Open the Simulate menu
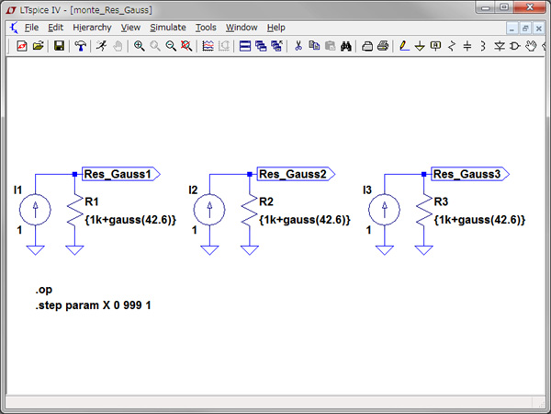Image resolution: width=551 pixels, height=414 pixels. click(x=167, y=28)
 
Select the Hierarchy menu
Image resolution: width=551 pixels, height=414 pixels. click(x=90, y=28)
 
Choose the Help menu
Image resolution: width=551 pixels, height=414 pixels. click(x=276, y=28)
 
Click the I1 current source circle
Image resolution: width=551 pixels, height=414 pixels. click(x=36, y=210)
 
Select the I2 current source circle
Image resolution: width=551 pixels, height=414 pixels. click(x=210, y=210)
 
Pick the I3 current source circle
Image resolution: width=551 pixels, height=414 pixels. click(x=385, y=210)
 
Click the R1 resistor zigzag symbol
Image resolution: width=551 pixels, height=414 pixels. click(x=73, y=213)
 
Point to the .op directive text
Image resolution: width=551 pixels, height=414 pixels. click(x=45, y=290)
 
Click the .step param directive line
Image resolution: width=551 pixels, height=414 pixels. click(x=94, y=305)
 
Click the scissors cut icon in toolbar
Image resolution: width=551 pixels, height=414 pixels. click(x=298, y=46)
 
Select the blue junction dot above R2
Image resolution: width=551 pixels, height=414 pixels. click(x=249, y=173)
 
